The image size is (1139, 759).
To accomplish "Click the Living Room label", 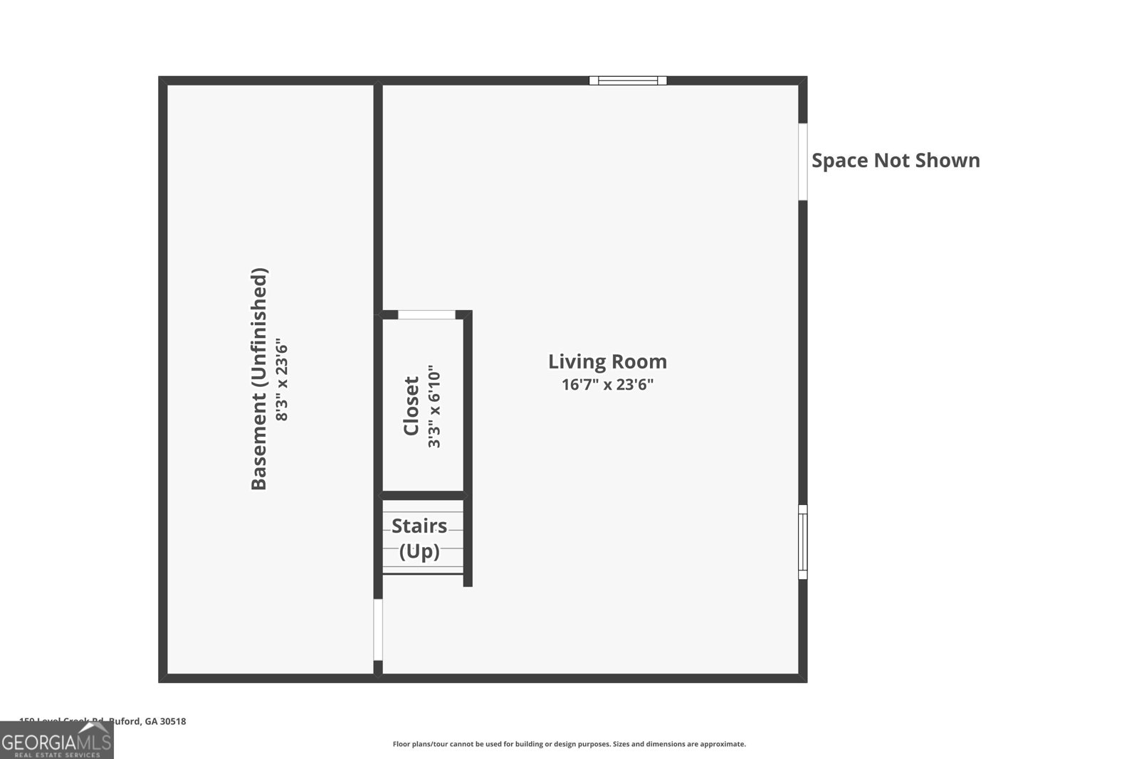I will tap(607, 361).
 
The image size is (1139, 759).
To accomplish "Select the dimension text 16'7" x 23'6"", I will tap(607, 385).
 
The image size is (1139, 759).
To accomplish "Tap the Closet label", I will tap(411, 406).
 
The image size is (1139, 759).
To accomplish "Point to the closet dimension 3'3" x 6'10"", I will tap(434, 407).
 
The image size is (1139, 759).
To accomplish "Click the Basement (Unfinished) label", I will tap(259, 378).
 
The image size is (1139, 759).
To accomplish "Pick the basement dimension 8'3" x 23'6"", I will tap(283, 379).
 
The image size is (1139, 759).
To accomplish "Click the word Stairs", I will tap(419, 526).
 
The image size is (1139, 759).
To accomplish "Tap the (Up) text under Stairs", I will tap(419, 551).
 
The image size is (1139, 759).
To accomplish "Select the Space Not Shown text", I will tap(896, 161).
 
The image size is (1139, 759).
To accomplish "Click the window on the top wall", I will tap(628, 80).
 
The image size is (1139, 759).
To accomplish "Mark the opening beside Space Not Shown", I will tap(802, 161).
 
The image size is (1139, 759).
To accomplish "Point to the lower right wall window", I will tap(802, 541).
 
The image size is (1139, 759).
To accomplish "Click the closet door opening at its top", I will tap(426, 314).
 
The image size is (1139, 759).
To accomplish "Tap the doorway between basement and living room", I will tap(378, 630).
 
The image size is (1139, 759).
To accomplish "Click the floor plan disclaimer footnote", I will tap(569, 744).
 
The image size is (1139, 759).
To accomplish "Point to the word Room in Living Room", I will tap(639, 361).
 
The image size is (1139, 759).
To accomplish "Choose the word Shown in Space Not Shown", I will tap(947, 161).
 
